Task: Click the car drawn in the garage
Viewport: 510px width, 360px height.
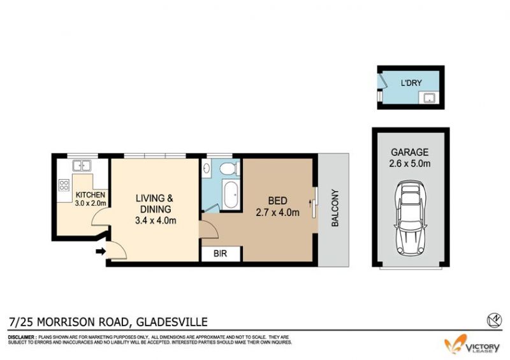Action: (x=411, y=218)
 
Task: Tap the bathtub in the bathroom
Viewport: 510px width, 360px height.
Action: (x=231, y=195)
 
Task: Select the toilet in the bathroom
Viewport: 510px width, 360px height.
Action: (x=229, y=168)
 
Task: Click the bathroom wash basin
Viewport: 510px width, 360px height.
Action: (x=206, y=168)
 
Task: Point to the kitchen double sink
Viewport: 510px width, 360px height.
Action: (x=82, y=166)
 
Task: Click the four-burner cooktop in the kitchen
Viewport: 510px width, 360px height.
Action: (x=64, y=185)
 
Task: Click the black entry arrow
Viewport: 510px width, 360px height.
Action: (x=101, y=251)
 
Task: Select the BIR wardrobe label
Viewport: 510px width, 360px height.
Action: (x=220, y=254)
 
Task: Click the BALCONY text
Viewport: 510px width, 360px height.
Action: (x=335, y=208)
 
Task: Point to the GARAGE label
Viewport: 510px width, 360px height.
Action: (x=409, y=152)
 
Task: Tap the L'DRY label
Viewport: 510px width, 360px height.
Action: (x=411, y=83)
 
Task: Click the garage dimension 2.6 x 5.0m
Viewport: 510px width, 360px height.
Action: (x=409, y=163)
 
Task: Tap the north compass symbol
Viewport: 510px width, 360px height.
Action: (x=494, y=320)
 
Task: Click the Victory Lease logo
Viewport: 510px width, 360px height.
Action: (x=472, y=346)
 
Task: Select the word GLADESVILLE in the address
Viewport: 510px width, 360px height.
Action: (x=171, y=322)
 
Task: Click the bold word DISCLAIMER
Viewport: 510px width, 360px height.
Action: (x=21, y=337)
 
